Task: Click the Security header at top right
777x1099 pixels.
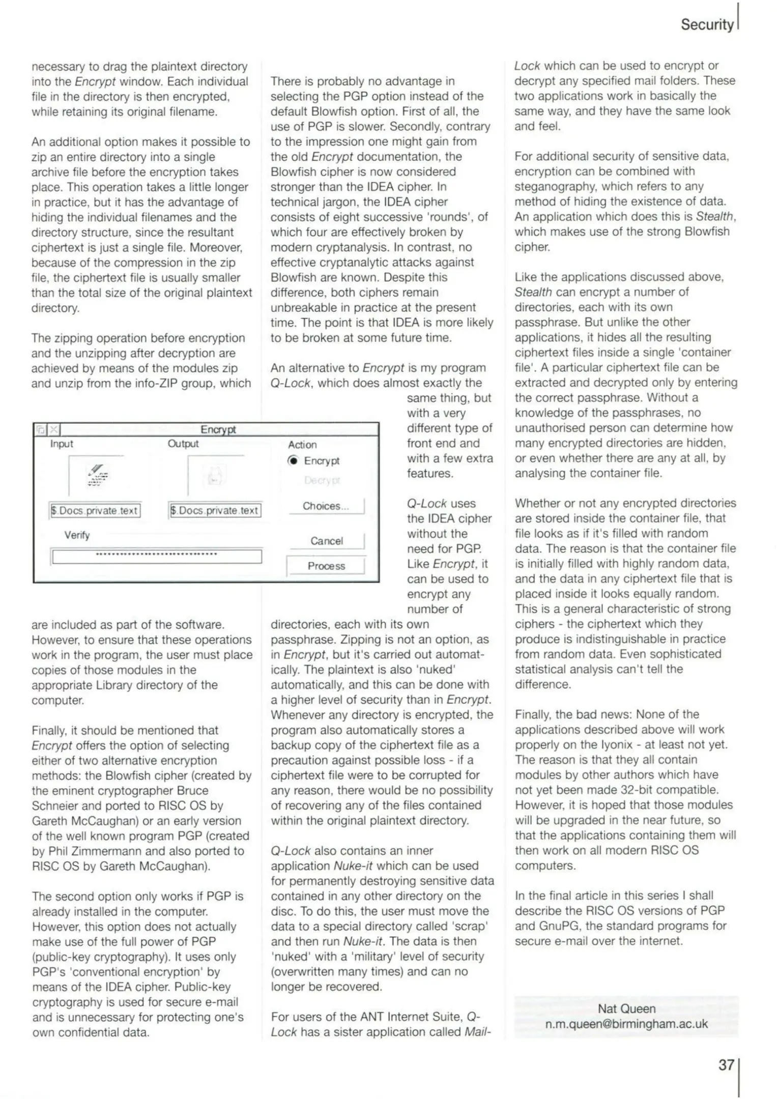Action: tap(707, 24)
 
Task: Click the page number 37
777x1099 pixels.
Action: tap(726, 1064)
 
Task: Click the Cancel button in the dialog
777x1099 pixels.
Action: tap(327, 541)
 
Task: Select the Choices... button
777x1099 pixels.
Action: tap(326, 506)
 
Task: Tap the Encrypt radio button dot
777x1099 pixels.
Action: tap(293, 460)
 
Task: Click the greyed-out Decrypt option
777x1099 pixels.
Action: tap(322, 480)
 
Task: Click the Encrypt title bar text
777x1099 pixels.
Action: tap(218, 429)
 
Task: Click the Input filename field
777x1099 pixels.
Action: tap(95, 510)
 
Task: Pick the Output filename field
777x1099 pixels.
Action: tap(215, 510)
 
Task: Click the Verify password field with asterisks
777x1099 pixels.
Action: tap(157, 556)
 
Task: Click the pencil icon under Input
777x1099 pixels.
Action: tap(97, 474)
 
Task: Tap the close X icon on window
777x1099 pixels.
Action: tap(54, 430)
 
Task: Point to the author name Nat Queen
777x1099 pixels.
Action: tap(626, 1008)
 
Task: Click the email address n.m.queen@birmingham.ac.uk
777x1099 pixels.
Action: tap(626, 1024)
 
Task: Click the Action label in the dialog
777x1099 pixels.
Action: tap(302, 445)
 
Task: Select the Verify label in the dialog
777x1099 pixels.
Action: tap(77, 535)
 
